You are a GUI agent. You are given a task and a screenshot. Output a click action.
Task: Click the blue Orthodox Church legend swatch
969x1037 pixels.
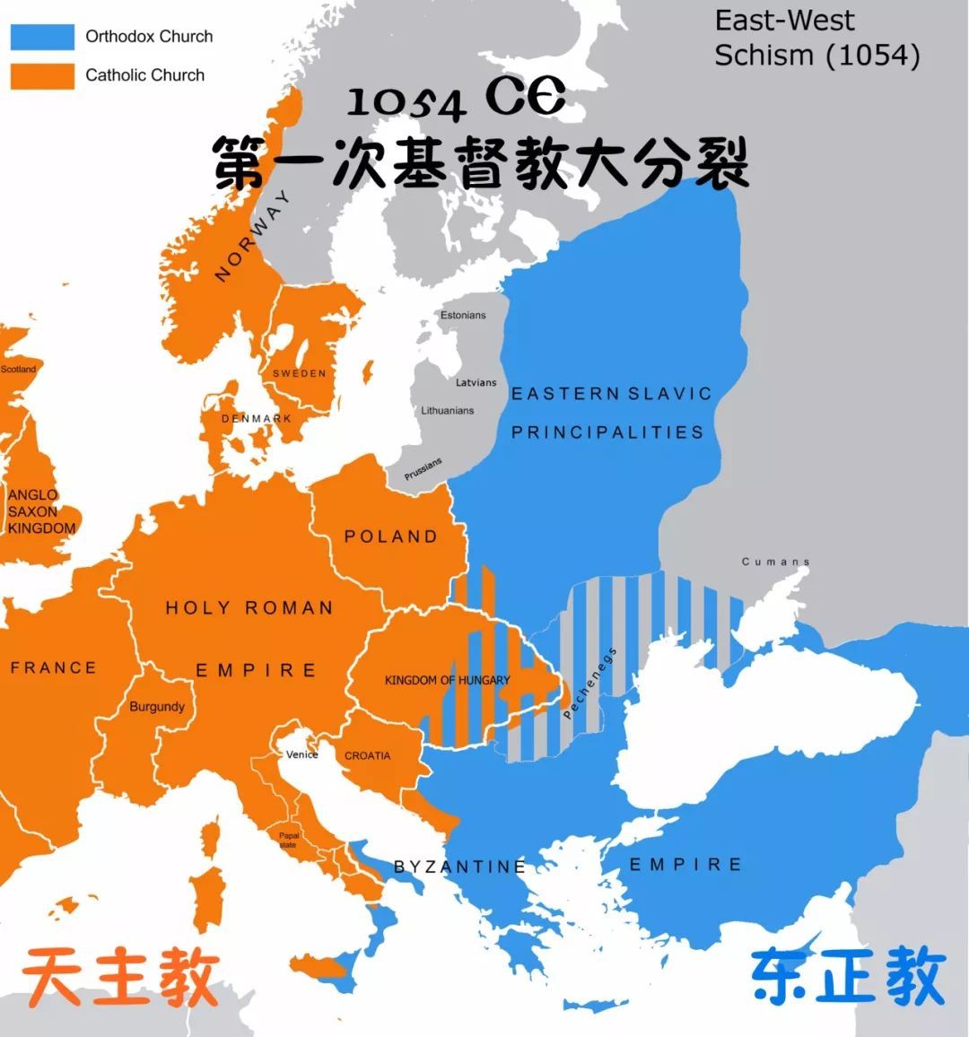tap(42, 37)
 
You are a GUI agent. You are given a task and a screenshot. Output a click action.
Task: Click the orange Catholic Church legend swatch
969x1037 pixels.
tap(42, 75)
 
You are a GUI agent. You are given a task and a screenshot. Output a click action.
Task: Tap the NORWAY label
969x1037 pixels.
tap(253, 236)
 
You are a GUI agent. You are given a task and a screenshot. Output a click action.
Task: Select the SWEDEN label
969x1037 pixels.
tap(300, 373)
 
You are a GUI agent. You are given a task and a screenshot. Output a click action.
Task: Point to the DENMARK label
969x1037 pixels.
tap(257, 419)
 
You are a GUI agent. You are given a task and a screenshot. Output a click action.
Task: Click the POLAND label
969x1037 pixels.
tap(391, 536)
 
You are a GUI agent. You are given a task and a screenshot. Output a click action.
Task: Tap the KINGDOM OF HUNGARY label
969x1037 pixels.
tap(447, 681)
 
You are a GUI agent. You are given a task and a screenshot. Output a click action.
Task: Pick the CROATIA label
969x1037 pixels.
tap(368, 756)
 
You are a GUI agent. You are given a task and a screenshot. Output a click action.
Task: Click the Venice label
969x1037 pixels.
tap(302, 754)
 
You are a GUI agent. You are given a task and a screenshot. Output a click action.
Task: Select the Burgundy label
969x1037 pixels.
tap(157, 707)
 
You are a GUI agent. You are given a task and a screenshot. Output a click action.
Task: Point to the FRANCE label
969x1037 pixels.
tap(53, 667)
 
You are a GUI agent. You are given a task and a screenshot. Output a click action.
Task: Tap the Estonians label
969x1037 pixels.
tap(463, 316)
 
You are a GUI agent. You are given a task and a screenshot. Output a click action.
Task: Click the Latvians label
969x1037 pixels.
tap(476, 383)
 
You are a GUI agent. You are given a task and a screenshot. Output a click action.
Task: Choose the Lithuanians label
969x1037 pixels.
tap(448, 411)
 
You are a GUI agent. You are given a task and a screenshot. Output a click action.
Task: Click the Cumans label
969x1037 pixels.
tap(775, 562)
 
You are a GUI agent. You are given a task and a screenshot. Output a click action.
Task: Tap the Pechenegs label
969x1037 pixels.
tap(589, 684)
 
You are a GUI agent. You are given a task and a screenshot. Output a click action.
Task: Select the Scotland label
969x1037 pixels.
tap(18, 370)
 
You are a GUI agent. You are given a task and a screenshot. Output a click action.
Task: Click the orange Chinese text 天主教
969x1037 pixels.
tap(121, 977)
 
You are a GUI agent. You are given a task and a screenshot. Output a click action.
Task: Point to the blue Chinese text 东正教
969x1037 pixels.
tap(848, 976)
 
